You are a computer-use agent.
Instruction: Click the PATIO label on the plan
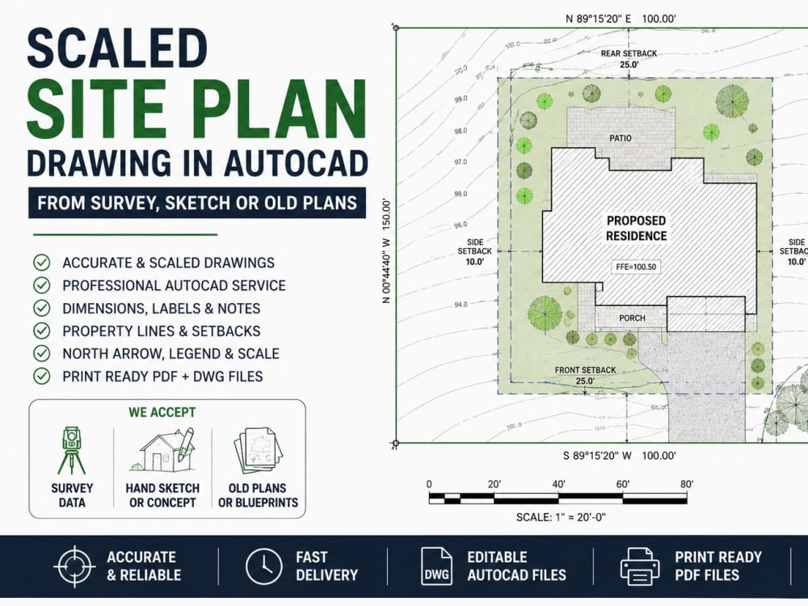coord(620,138)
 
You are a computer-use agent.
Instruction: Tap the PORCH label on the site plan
coord(632,318)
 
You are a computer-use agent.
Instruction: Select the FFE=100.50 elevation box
coord(636,267)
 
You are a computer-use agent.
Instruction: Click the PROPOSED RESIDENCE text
coord(636,229)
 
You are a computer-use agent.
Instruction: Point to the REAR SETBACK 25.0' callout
coord(629,59)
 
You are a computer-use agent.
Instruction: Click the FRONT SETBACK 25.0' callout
coord(585,376)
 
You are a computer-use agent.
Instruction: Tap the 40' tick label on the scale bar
coord(558,484)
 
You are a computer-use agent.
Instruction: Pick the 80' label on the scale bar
coord(687,484)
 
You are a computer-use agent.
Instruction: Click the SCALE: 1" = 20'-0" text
coord(561,517)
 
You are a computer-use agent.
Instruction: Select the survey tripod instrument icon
coord(72,450)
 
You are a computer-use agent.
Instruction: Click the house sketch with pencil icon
coord(163,450)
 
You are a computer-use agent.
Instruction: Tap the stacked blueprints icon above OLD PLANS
coord(258,450)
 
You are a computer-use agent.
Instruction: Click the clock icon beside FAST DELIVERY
coord(264,566)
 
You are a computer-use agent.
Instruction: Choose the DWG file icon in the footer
coord(436,566)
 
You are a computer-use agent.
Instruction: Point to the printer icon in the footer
coord(639,566)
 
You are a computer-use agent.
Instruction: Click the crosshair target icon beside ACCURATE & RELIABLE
coord(74,566)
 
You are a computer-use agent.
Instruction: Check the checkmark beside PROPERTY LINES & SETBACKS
coord(42,330)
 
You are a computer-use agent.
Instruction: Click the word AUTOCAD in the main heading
coord(296,163)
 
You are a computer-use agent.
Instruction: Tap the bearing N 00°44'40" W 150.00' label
coord(386,251)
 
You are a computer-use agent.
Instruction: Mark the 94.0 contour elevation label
coord(461,305)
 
